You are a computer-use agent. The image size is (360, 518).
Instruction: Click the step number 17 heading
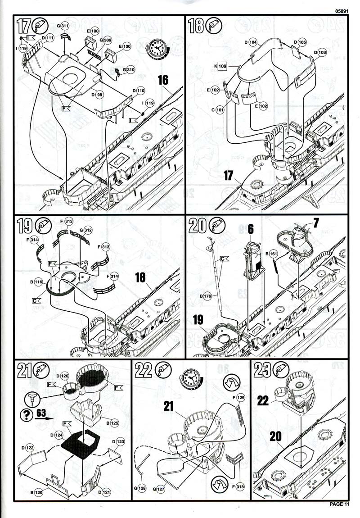pos(23,27)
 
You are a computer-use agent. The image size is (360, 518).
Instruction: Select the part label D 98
pos(97,95)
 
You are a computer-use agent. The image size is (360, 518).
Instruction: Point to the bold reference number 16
pos(162,80)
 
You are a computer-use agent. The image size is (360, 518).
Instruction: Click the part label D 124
pos(58,435)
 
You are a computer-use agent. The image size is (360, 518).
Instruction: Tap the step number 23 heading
pos(262,370)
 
